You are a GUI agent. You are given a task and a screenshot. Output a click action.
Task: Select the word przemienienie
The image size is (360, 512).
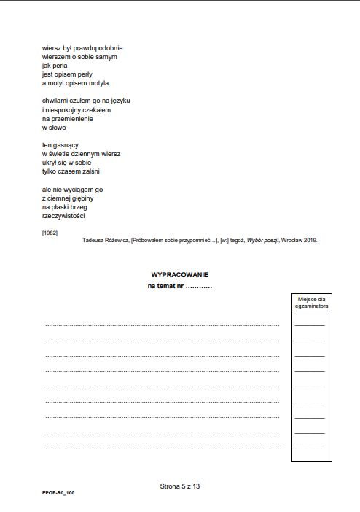74,118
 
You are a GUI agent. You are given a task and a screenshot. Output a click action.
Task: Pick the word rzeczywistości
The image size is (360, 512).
64,216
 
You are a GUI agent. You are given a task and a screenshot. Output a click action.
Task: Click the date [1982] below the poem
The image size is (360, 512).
50,232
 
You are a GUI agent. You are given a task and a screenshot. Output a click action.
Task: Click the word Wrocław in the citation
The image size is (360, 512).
289,239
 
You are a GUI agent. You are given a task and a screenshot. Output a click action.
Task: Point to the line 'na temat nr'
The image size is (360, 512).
179,286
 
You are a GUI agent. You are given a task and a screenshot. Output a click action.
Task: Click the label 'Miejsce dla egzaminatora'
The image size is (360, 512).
311,303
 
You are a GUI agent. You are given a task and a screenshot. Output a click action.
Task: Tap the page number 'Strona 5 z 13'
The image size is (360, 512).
179,485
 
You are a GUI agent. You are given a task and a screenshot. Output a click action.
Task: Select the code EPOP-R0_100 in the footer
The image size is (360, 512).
58,493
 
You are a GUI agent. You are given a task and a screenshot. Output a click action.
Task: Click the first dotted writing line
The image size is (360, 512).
162,325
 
